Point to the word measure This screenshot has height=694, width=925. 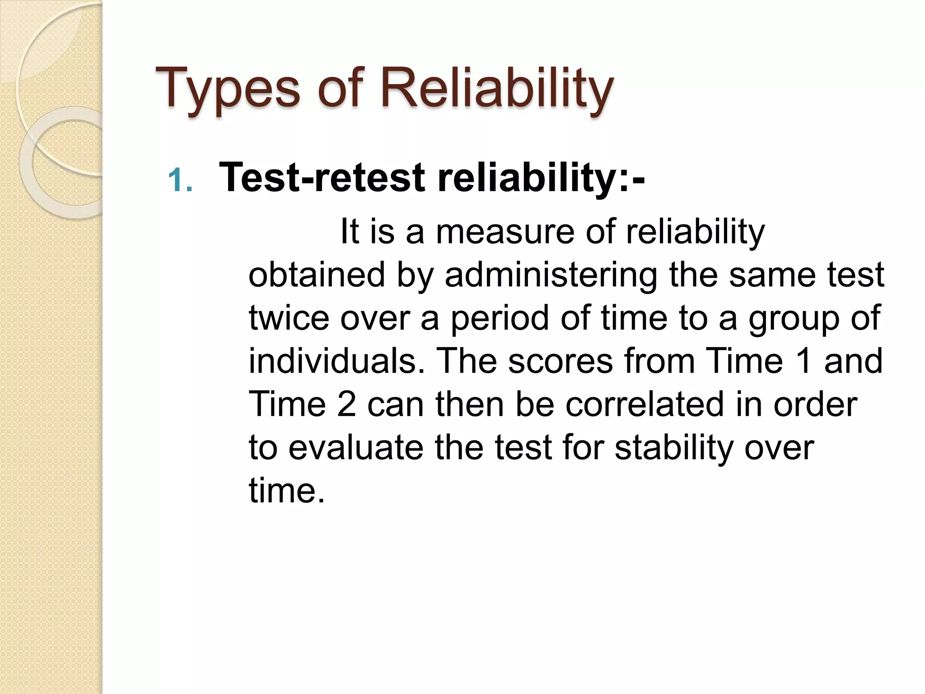[x=505, y=232]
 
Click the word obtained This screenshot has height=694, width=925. [x=317, y=275]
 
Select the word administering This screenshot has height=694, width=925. [x=551, y=275]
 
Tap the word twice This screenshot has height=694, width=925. [x=289, y=318]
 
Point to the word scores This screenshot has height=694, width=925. [x=560, y=361]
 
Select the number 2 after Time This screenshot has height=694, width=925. [x=346, y=404]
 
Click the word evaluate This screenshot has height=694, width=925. [x=356, y=447]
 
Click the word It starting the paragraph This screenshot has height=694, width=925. [x=349, y=232]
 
